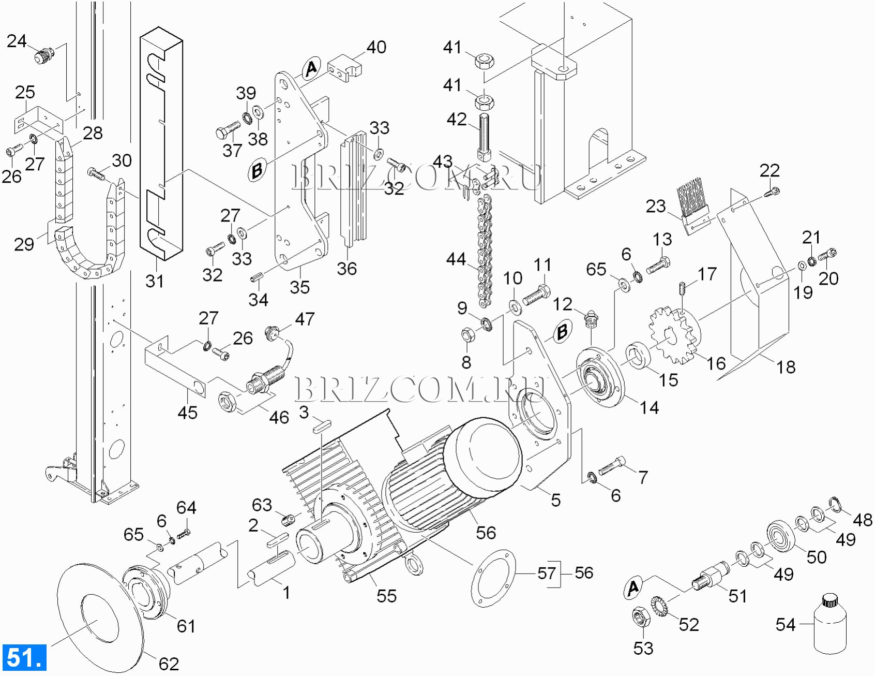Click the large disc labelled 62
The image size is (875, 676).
pos(98,613)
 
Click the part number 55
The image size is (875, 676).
pos(386,595)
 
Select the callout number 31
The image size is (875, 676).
pos(155,281)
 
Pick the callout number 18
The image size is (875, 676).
pos(786,367)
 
